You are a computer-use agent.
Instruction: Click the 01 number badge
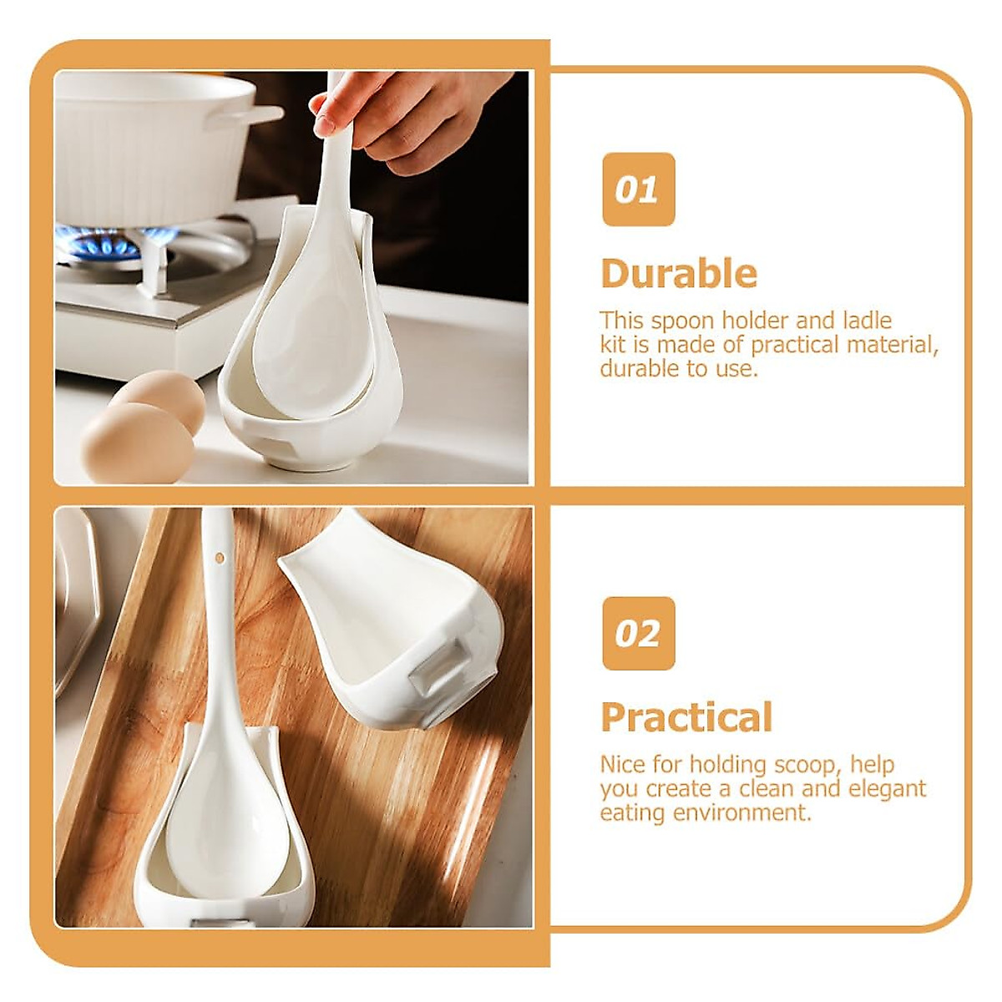click(x=638, y=190)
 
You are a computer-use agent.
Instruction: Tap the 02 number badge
click(x=638, y=633)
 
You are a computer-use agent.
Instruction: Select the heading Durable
click(x=679, y=274)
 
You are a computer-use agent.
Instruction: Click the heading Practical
click(x=686, y=717)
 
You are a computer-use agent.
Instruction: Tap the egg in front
click(x=138, y=443)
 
